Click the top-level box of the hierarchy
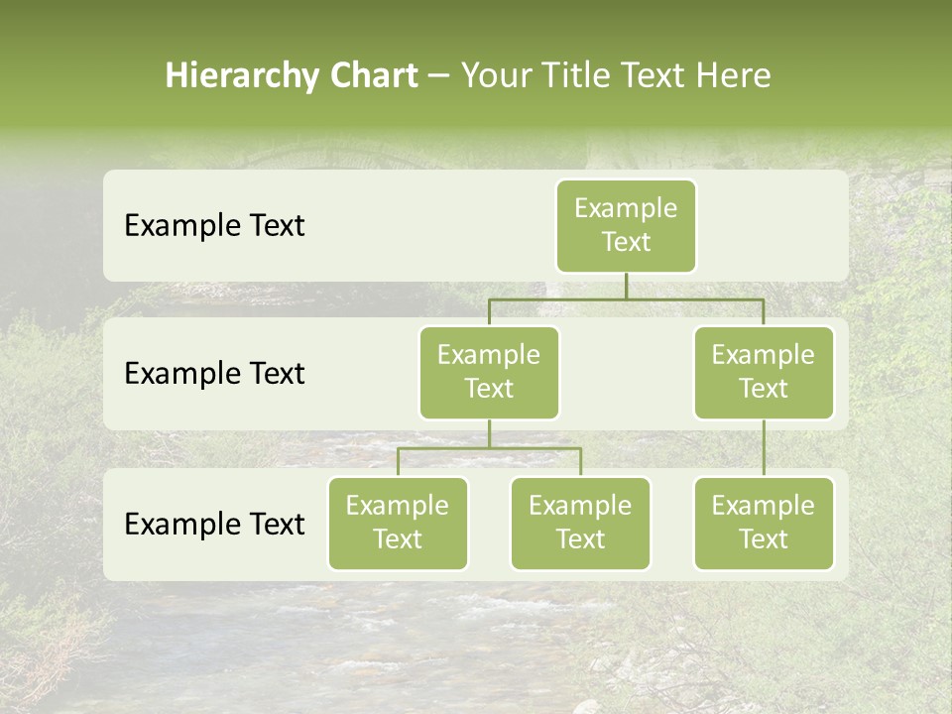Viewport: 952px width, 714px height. (x=626, y=226)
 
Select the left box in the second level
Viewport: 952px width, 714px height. (x=489, y=373)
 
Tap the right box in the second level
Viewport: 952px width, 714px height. (x=764, y=373)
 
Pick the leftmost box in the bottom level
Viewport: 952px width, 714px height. (x=398, y=524)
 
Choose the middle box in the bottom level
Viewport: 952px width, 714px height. (x=580, y=524)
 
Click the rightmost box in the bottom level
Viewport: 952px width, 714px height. (x=764, y=524)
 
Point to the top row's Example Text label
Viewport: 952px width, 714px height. (x=214, y=226)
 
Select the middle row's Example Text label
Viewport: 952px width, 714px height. (x=214, y=374)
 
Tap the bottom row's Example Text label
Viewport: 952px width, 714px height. (x=214, y=525)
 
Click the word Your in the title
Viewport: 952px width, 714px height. (x=493, y=75)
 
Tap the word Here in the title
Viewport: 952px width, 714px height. (x=732, y=75)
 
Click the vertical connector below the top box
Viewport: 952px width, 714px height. (x=626, y=286)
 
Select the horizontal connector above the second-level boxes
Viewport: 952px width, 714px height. (x=626, y=298)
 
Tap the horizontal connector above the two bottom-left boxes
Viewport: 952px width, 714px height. (x=489, y=448)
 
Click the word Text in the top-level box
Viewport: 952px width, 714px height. (x=626, y=242)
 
